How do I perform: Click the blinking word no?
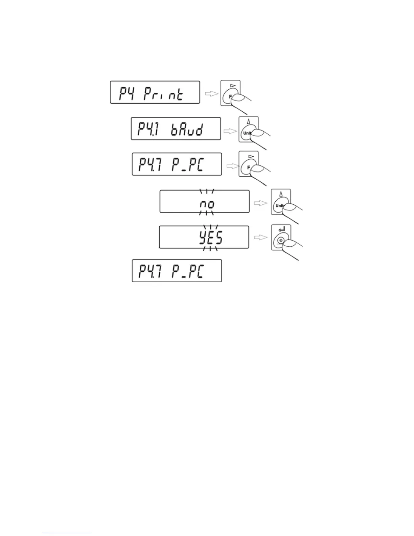point(207,204)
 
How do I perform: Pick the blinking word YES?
point(210,239)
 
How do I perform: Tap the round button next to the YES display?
point(280,241)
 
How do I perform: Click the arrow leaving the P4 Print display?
point(212,94)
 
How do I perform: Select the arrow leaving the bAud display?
point(231,131)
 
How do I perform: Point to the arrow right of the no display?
point(260,203)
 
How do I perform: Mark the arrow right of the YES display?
point(260,238)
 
